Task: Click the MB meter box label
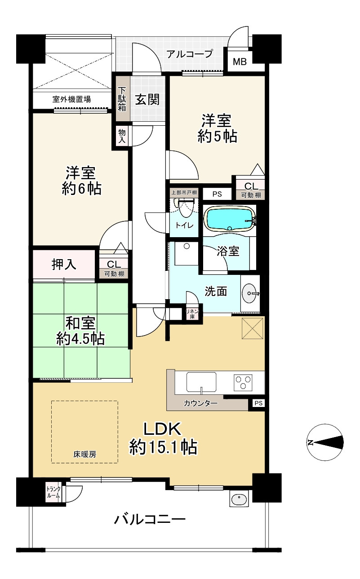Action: coord(240,62)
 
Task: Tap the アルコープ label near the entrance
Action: coord(189,54)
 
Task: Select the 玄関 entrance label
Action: coord(147,99)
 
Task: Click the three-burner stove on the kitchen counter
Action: coord(243,383)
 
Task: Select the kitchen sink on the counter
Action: coord(201,383)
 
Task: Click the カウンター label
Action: coord(200,403)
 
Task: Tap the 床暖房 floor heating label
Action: coord(84,454)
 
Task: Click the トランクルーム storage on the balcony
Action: coord(54,491)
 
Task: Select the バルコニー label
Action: coord(149,521)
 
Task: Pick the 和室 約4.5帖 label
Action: coord(80,331)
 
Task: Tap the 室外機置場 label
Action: coord(71,99)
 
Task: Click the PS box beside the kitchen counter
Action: coord(258,403)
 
